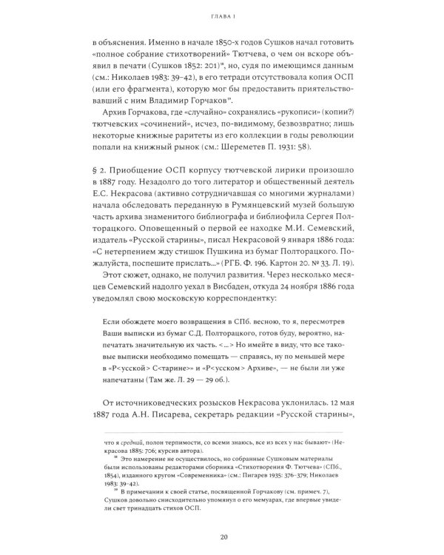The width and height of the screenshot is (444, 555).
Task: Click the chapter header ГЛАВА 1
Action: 222,13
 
